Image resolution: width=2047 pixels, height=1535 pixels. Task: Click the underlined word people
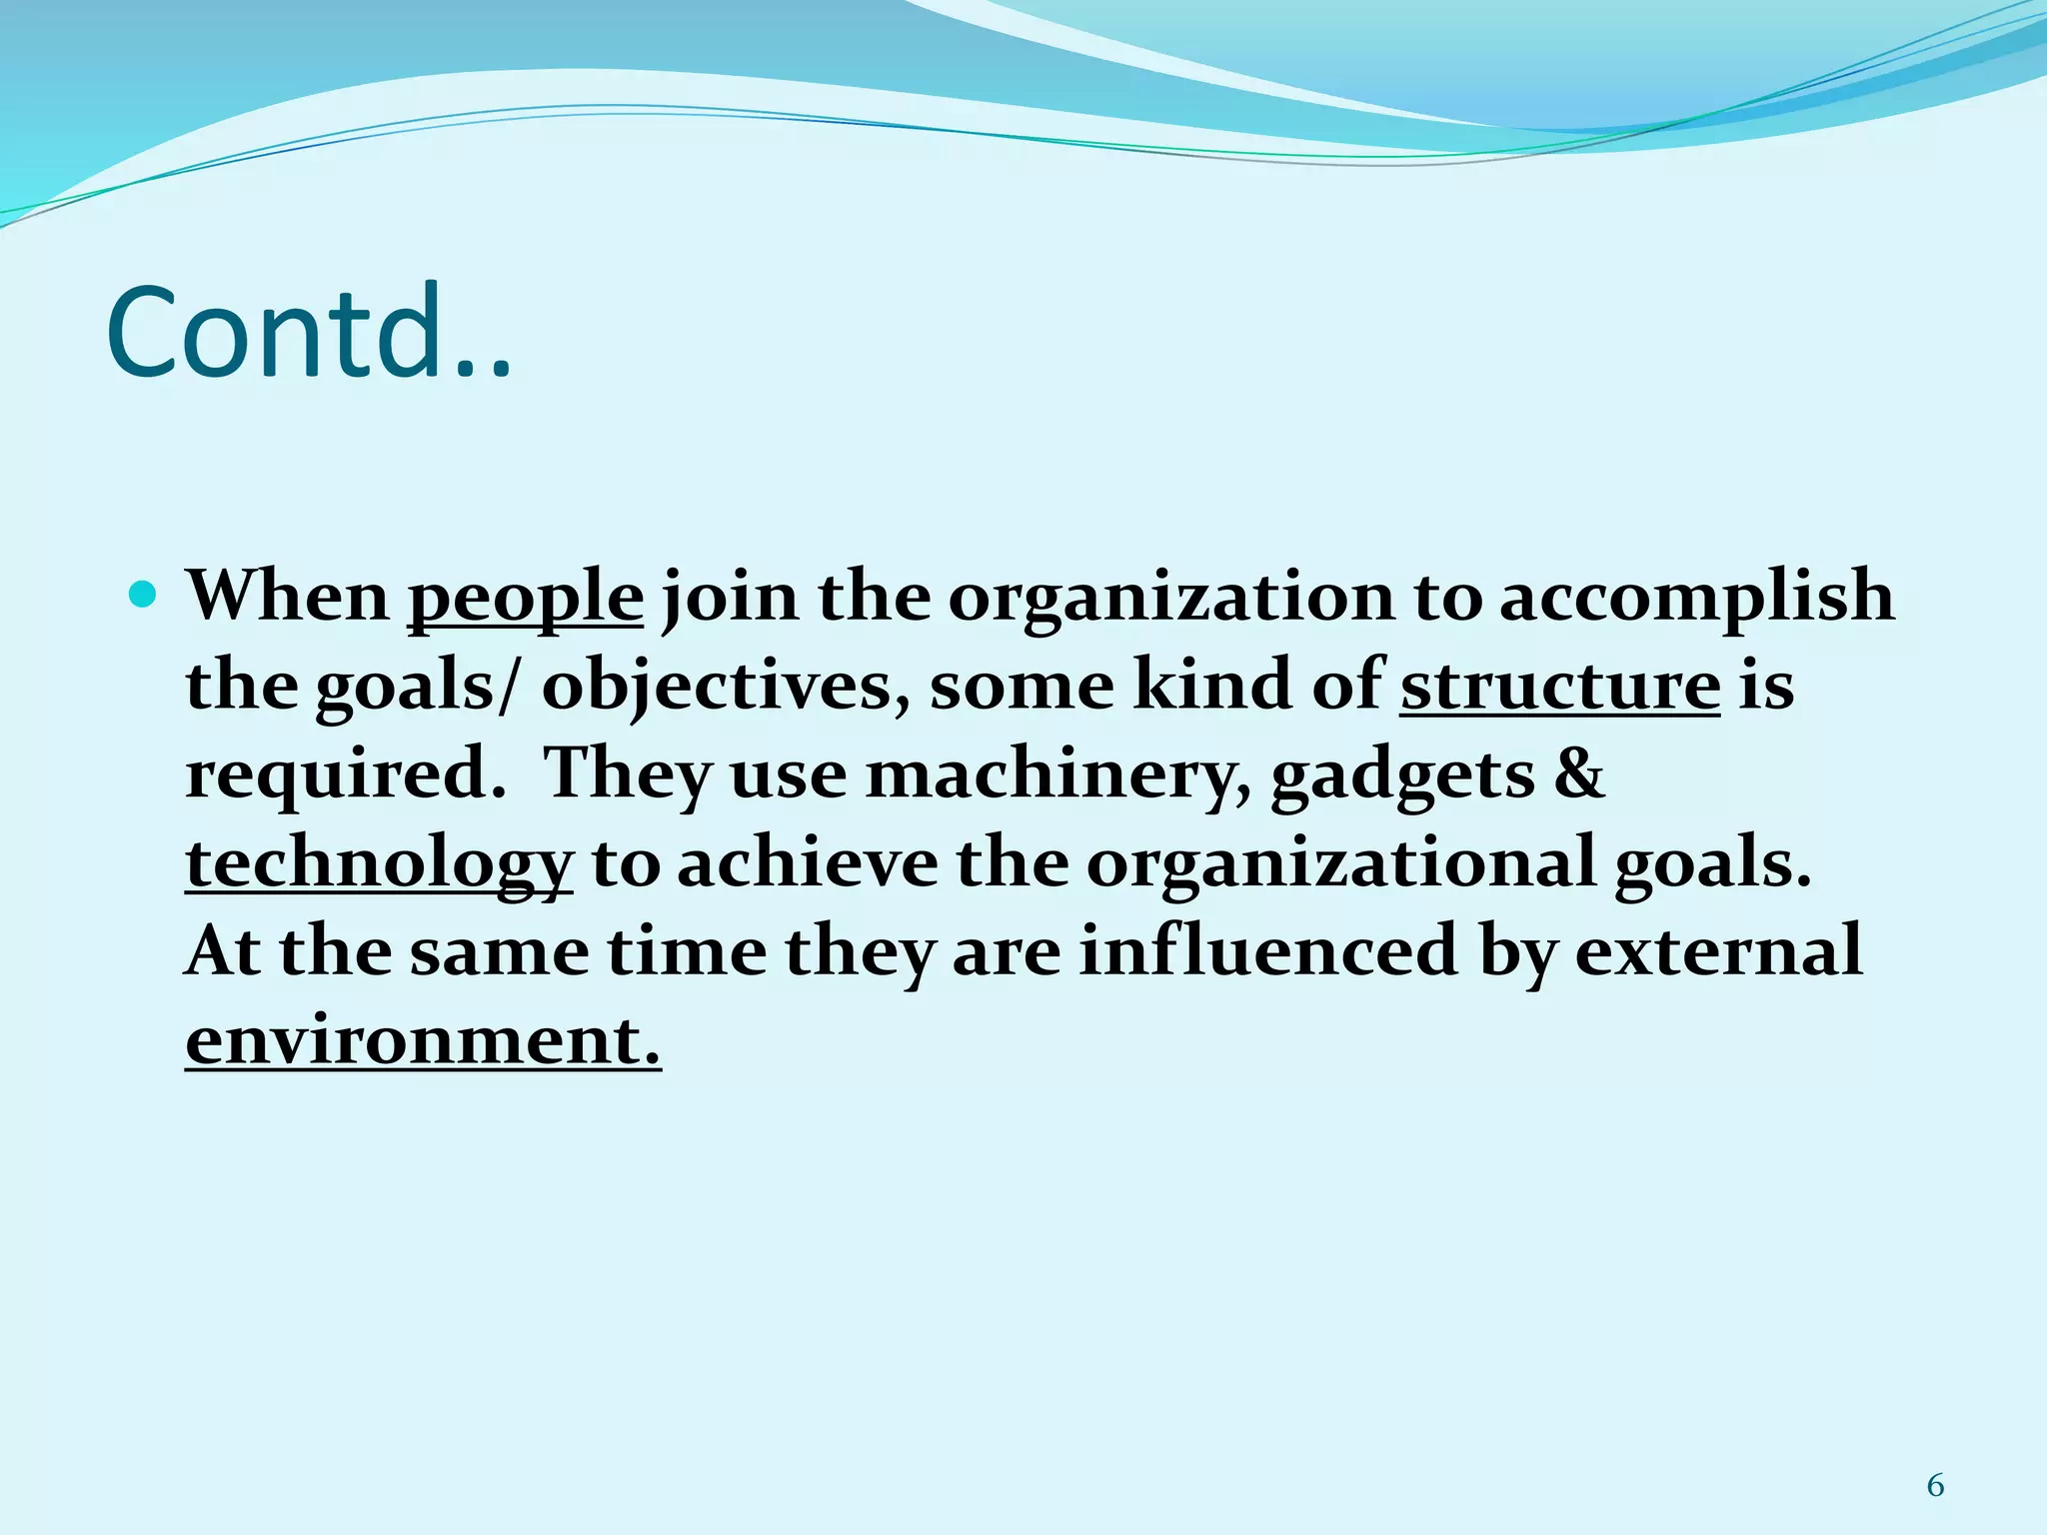coord(525,598)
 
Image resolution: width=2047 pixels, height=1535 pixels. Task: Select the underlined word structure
coord(1559,686)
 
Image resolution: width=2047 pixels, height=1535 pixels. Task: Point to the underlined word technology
coord(379,863)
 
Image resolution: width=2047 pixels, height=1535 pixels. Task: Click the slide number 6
coord(1935,1486)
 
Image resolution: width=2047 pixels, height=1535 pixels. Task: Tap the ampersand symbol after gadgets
coord(1578,774)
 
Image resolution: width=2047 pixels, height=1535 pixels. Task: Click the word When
coord(288,597)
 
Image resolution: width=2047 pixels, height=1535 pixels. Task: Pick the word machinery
coord(1057,774)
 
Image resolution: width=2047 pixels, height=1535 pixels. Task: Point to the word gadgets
coord(1401,774)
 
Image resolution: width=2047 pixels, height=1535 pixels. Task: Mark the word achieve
coord(808,863)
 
